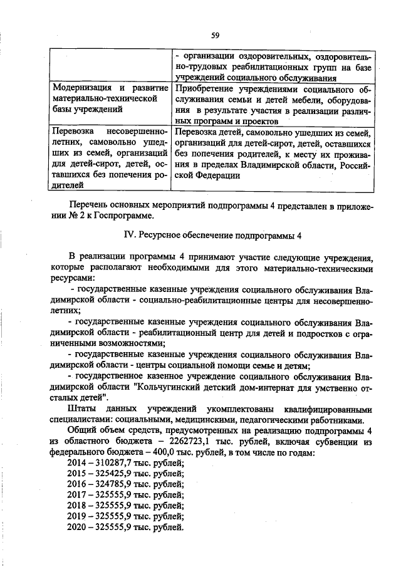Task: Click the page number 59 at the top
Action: tap(215, 34)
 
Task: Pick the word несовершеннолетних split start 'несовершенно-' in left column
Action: tap(136, 132)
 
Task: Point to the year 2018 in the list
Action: tap(77, 505)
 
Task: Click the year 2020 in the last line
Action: tap(77, 526)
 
